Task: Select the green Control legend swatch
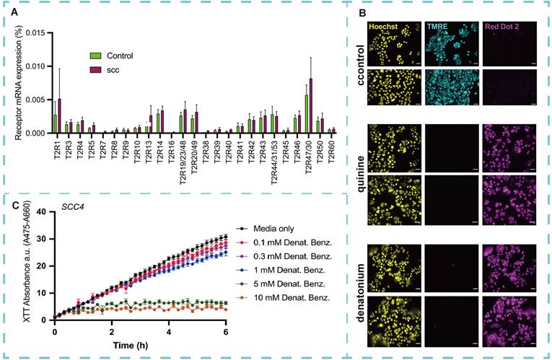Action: [94, 56]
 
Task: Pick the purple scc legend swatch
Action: [94, 69]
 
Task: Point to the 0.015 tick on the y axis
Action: [37, 32]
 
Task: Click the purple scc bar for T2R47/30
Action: [311, 106]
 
